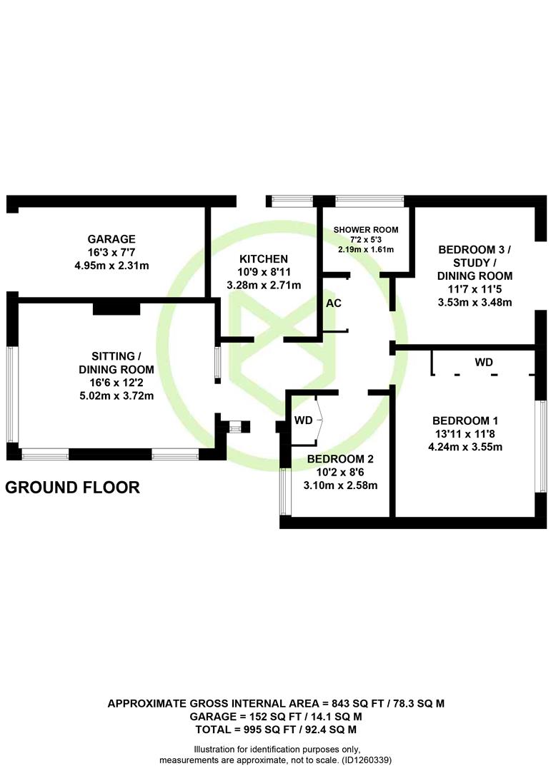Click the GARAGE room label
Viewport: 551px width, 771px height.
pyautogui.click(x=111, y=239)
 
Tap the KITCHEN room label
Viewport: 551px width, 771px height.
pyautogui.click(x=264, y=259)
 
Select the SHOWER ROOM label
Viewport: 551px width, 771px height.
pyautogui.click(x=366, y=230)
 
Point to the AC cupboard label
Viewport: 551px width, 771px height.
pyautogui.click(x=334, y=303)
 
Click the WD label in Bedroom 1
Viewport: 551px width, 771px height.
pyautogui.click(x=484, y=363)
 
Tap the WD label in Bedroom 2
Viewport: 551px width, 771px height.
pyautogui.click(x=303, y=420)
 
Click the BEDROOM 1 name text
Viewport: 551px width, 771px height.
pyautogui.click(x=465, y=421)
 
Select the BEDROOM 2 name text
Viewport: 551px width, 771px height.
pyautogui.click(x=340, y=459)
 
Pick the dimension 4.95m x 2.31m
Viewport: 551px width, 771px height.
pyautogui.click(x=111, y=266)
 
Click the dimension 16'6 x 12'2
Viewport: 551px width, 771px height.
pyautogui.click(x=116, y=383)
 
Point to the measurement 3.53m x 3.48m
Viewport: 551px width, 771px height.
pyautogui.click(x=475, y=303)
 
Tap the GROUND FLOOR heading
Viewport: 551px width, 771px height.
pyautogui.click(x=72, y=488)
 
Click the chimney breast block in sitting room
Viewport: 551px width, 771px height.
pyautogui.click(x=116, y=308)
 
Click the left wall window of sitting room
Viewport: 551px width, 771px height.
pyautogui.click(x=12, y=395)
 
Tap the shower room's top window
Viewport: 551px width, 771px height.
pyautogui.click(x=369, y=201)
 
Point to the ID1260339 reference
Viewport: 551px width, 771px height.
pyautogui.click(x=367, y=760)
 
